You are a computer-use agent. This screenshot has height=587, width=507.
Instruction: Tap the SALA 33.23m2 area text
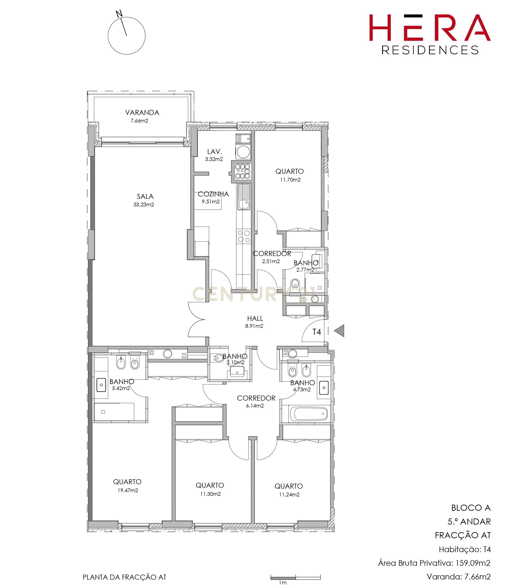tap(144, 204)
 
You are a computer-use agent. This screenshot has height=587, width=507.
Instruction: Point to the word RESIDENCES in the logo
tap(430, 50)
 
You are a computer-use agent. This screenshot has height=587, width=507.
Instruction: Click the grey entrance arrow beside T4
tap(339, 331)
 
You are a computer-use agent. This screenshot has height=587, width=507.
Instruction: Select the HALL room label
tap(255, 318)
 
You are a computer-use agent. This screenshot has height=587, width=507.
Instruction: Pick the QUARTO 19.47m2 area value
tap(128, 490)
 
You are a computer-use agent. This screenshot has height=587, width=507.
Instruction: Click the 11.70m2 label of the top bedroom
tap(290, 180)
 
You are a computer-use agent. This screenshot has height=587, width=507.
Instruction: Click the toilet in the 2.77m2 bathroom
tap(295, 283)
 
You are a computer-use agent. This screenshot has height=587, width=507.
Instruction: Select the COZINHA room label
tap(213, 194)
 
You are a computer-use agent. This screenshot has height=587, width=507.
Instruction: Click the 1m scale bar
tap(295, 577)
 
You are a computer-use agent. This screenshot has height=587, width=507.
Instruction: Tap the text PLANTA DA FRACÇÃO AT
tap(124, 577)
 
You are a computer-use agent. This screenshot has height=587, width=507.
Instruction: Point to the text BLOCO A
tap(471, 508)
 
